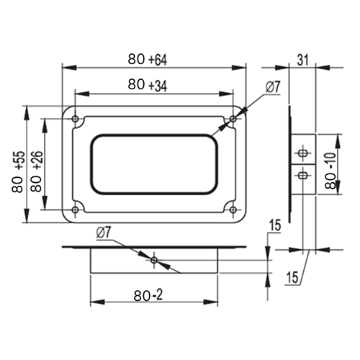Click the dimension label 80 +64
[148, 59]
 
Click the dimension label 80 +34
[148, 85]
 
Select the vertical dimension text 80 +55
[18, 171]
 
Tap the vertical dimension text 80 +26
[37, 171]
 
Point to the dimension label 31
[302, 60]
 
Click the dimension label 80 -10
[331, 171]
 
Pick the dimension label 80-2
[148, 295]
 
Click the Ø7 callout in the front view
[273, 87]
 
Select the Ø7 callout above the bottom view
[104, 233]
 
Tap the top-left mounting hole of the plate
[76, 119]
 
